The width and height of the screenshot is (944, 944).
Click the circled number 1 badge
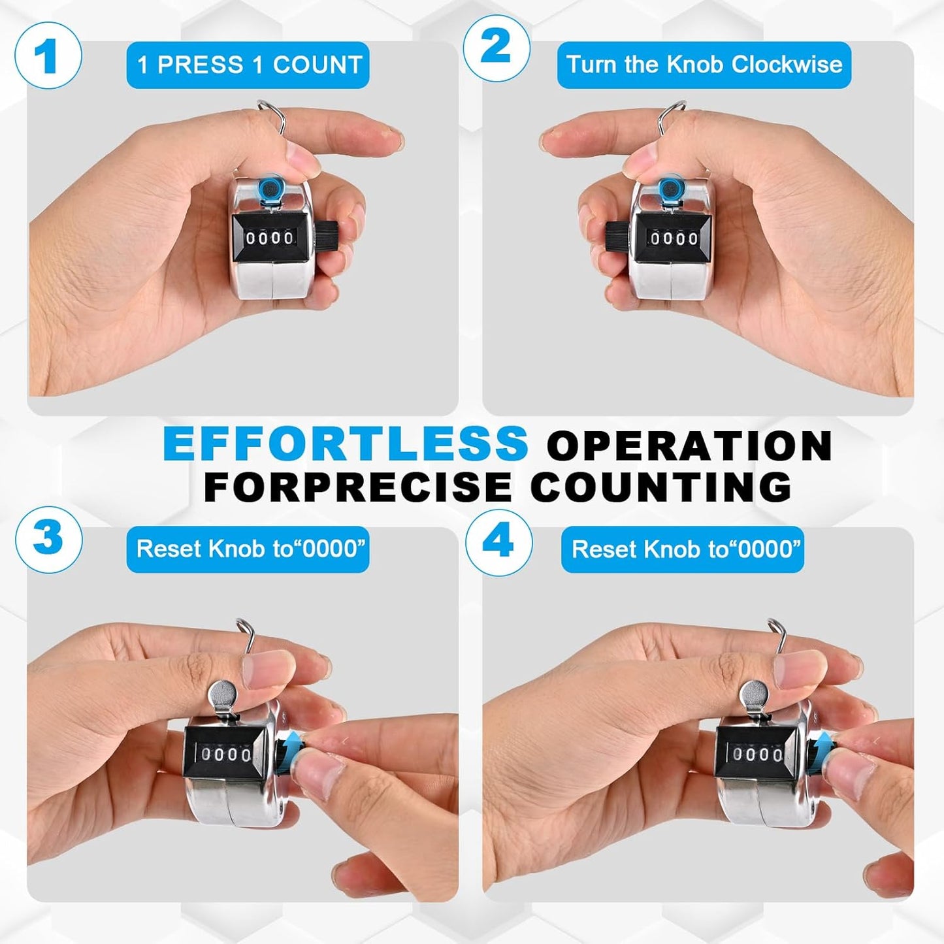click(x=48, y=56)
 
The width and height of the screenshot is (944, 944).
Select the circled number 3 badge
click(x=48, y=540)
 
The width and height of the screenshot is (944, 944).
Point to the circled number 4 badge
click(x=499, y=543)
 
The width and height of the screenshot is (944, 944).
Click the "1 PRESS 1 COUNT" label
click(x=248, y=65)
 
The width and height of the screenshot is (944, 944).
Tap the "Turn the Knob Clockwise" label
click(x=704, y=65)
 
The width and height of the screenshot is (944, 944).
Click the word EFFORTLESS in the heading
click(x=345, y=444)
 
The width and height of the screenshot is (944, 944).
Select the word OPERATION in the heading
click(x=689, y=445)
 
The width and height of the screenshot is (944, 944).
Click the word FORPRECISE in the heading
click(x=358, y=487)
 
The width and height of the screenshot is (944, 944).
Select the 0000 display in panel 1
click(x=269, y=238)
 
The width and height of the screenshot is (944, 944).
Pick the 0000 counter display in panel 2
click(x=674, y=238)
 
